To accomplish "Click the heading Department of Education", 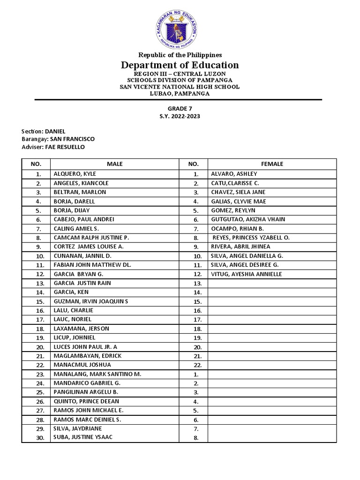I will [180, 65].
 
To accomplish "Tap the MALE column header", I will [114, 164].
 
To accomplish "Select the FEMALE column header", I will [272, 164].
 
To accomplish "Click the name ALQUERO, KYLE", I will [75, 174].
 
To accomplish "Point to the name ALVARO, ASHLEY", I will [234, 174].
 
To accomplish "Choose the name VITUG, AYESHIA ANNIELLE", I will [247, 274].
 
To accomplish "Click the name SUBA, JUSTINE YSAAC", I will [83, 437].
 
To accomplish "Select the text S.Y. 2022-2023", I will [180, 116].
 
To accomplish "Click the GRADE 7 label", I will [180, 109].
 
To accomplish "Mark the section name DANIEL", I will [55, 131].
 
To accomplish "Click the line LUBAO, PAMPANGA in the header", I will [180, 93].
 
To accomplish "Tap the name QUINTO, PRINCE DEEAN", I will [86, 401].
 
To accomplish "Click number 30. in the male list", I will [40, 438].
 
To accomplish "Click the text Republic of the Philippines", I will [180, 55].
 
